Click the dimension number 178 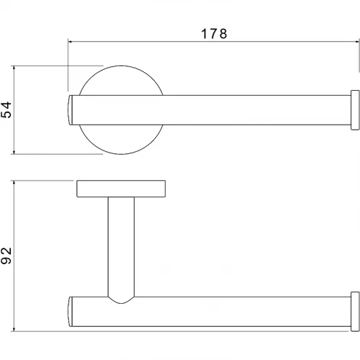pos(214,34)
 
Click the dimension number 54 pos(6,109)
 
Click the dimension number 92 pos(6,256)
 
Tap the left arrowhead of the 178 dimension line pos(71,42)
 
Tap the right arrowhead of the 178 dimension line pos(357,42)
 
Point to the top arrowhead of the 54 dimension pos(14,68)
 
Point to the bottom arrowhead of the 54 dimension pos(14,151)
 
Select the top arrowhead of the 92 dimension pos(14,183)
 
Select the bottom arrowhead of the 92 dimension pos(14,329)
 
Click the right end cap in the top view pos(355,110)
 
